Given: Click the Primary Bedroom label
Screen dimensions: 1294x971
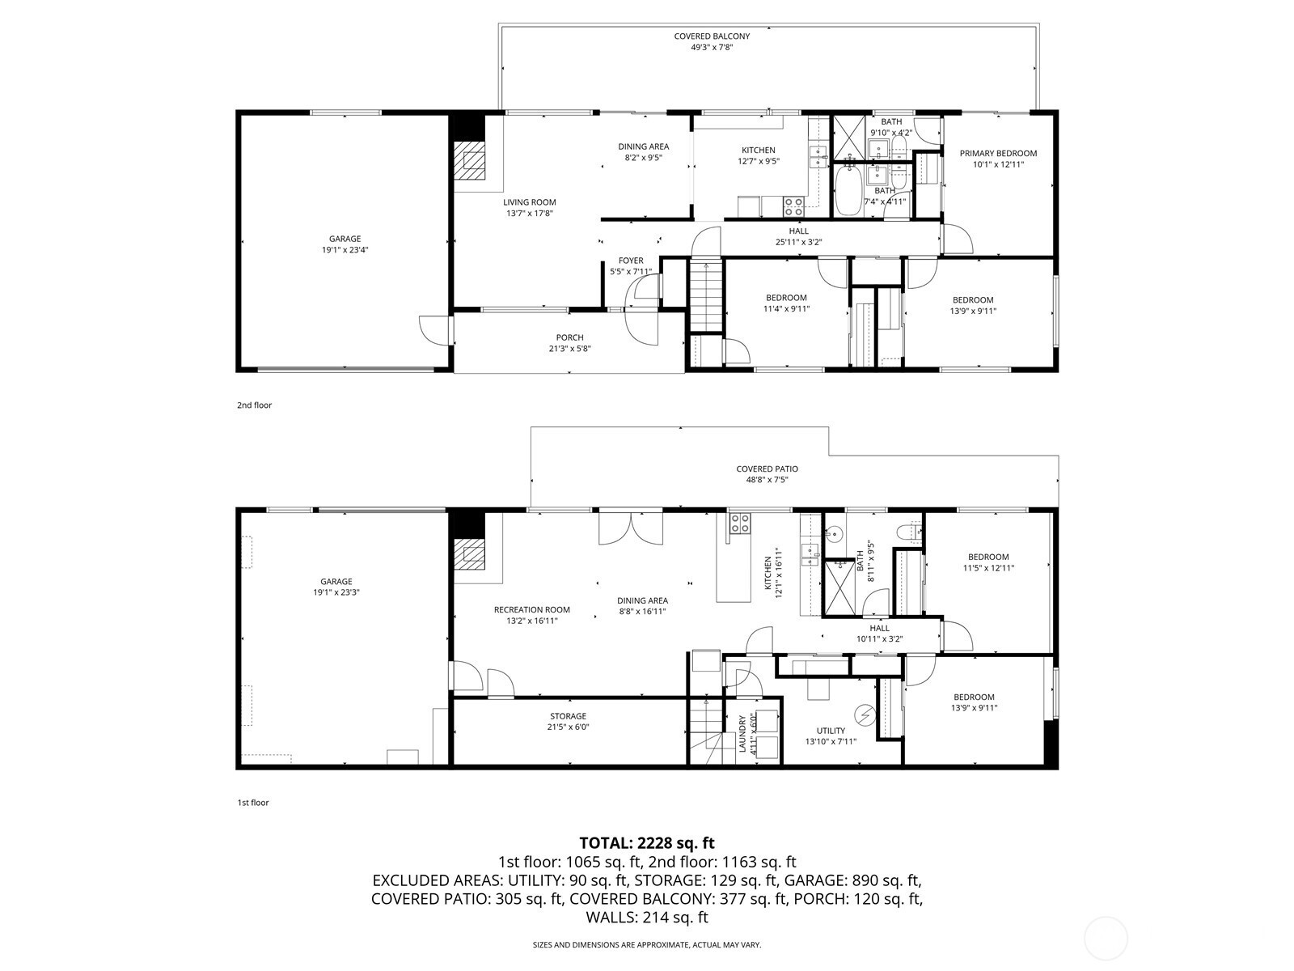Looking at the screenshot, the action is (998, 153).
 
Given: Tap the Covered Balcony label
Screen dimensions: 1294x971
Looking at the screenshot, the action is (712, 36).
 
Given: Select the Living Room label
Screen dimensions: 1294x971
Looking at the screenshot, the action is (530, 202).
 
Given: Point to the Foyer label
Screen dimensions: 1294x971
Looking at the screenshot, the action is (631, 261).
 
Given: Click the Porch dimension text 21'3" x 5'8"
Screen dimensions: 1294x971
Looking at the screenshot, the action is (569, 349).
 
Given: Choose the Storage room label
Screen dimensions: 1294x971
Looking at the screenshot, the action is (569, 716).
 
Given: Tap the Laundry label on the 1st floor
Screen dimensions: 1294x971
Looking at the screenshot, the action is (742, 734).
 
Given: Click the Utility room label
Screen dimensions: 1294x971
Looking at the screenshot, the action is (831, 731).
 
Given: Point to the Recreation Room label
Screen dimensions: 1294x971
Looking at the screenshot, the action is (531, 609).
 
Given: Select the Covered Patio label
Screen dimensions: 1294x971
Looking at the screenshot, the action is (767, 469).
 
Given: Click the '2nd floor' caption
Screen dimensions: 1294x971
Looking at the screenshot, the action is (254, 405).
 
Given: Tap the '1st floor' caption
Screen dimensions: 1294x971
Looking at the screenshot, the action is (253, 803).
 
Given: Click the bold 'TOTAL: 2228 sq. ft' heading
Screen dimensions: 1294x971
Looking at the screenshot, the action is (647, 842).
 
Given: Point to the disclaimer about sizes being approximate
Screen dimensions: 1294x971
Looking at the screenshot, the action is (647, 944).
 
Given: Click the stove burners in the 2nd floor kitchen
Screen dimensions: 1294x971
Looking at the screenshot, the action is (793, 207).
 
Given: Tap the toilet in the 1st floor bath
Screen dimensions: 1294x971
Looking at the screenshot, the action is (908, 533).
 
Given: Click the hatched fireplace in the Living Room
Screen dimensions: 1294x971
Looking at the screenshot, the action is (470, 159).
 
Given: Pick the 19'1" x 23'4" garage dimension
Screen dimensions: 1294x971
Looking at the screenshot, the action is (345, 250).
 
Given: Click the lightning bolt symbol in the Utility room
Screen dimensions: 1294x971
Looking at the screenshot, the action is (865, 715).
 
